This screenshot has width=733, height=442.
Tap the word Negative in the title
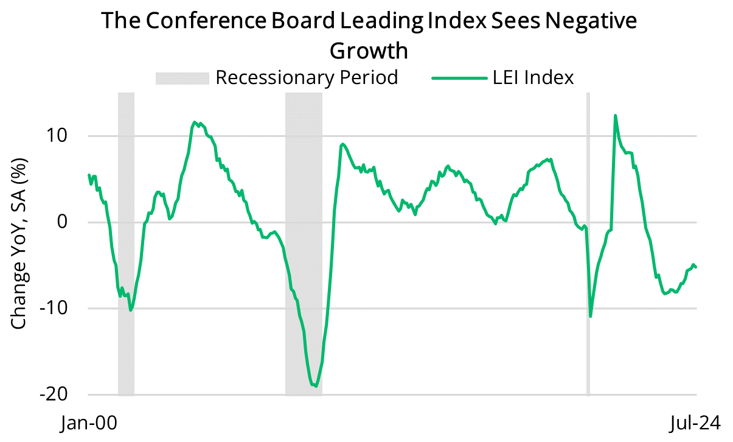pos(585,21)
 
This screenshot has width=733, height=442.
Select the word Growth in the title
pos(368,51)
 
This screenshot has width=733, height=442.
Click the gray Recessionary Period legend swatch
pos(182,78)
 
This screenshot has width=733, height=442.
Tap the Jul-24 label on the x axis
pos(696,423)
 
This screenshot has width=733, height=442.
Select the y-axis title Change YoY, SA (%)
pos(19,244)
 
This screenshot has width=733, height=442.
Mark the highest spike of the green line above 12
pos(616,116)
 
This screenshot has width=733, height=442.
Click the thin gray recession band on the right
pos(588,244)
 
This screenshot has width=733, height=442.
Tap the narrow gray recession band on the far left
pos(126,244)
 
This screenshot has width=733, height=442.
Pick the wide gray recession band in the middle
pos(304,244)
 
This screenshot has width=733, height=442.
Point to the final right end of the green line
pos(696,267)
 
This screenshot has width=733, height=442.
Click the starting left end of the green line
pos(89,175)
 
